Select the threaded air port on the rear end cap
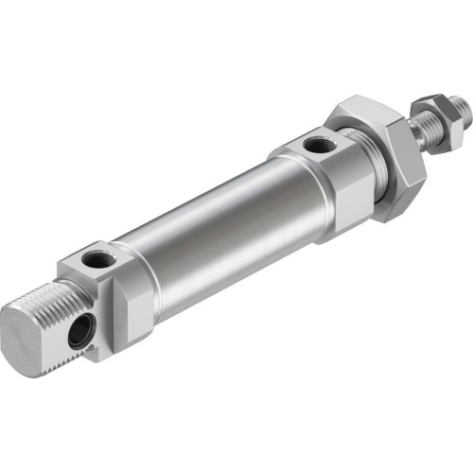click(x=98, y=257)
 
